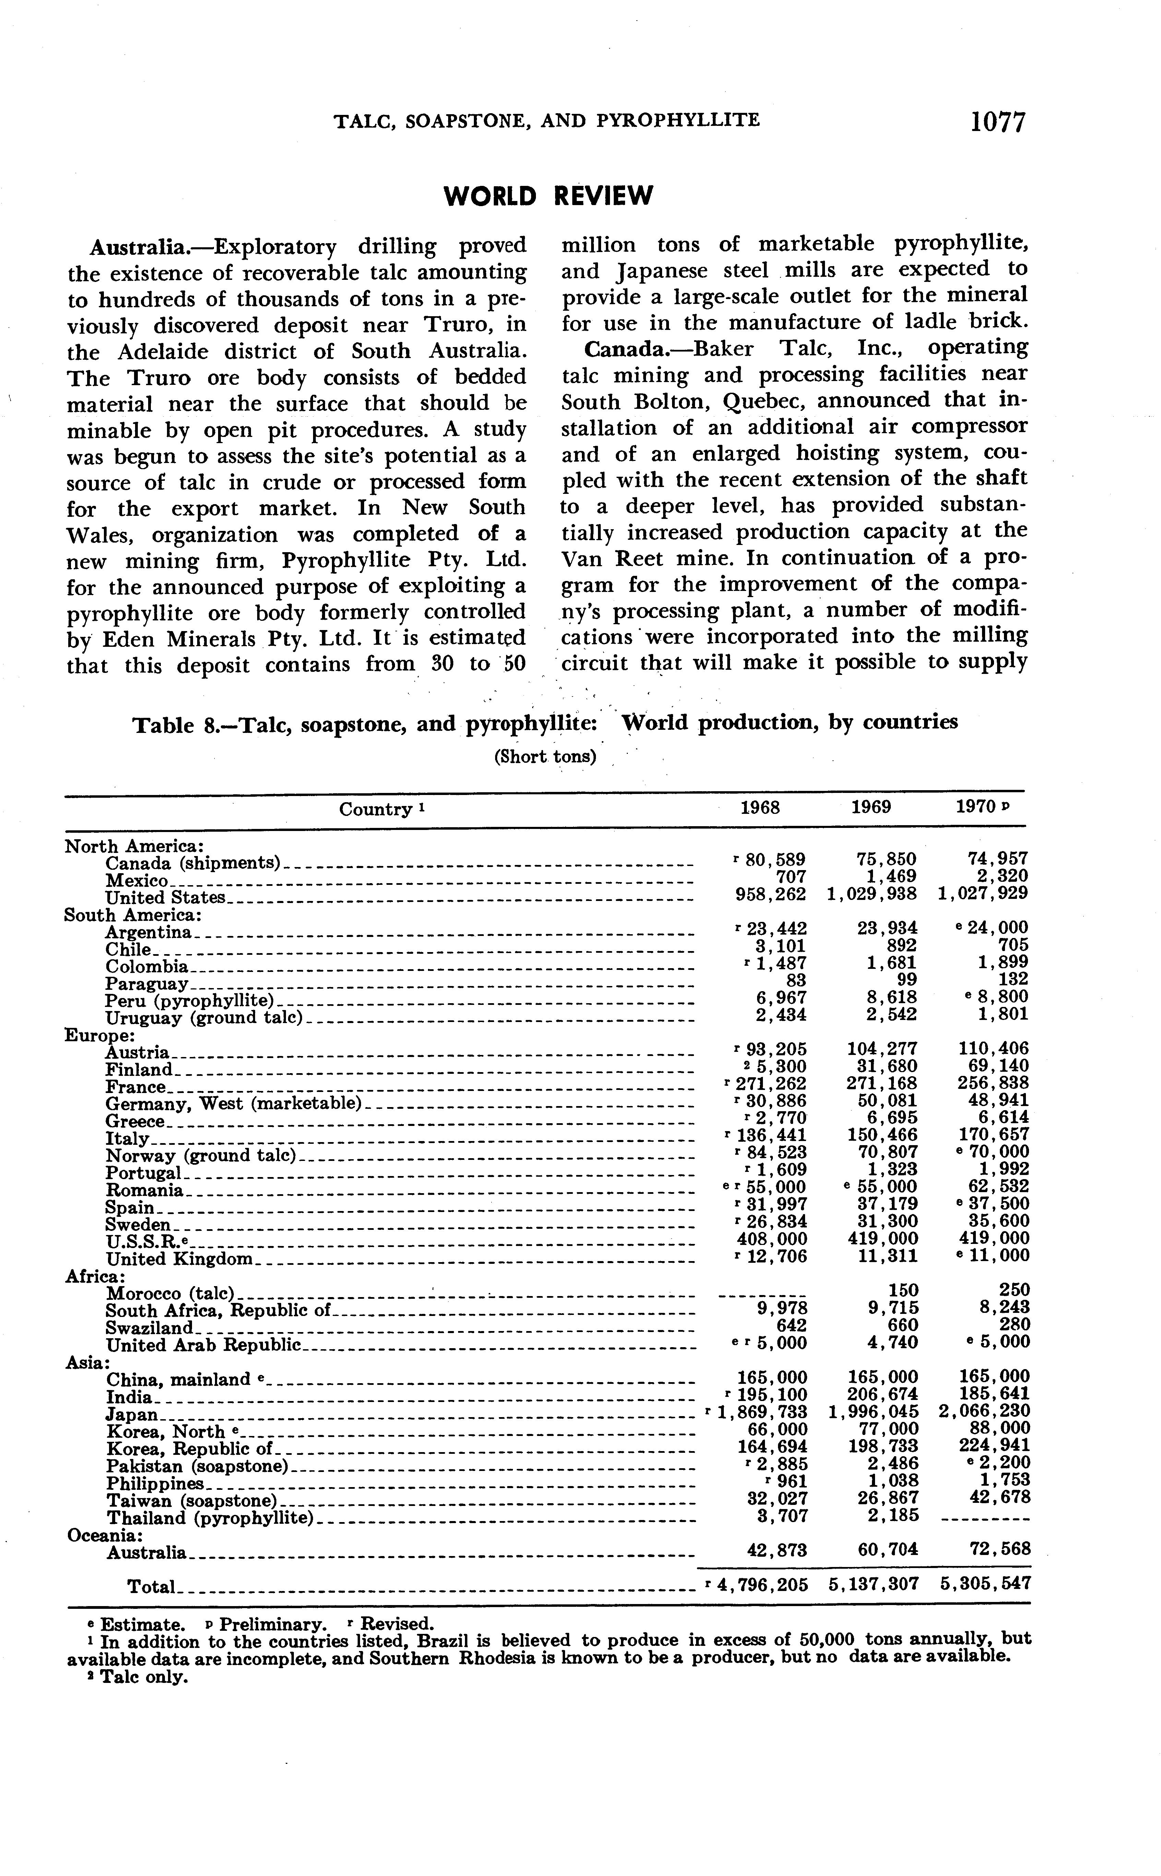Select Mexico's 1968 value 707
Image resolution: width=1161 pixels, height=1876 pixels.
[792, 876]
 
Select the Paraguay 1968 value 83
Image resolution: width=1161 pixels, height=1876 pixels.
[795, 980]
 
